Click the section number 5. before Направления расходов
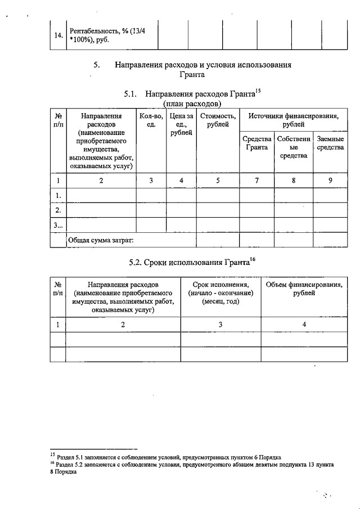[97, 65]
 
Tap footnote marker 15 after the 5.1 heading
[259, 91]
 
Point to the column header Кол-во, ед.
[150, 120]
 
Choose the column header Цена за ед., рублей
[181, 124]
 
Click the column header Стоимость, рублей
[214, 120]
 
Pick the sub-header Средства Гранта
[256, 143]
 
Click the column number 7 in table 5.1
[256, 180]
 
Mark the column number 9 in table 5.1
[330, 180]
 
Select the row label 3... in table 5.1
[58, 225]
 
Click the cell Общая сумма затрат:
[101, 240]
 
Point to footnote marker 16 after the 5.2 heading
[253, 259]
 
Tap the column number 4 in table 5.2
[304, 324]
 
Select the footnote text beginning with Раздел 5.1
[169, 457]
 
